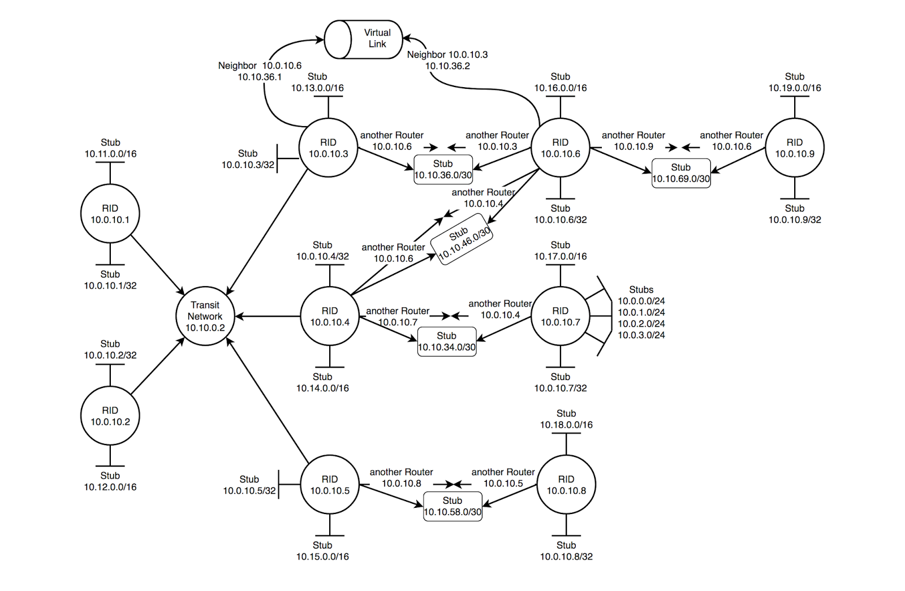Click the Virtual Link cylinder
364,39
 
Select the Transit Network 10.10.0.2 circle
205,316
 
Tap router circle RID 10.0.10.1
110,214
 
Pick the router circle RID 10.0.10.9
794,148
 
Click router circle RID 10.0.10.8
566,485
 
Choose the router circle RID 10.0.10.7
560,316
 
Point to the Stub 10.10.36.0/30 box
443,170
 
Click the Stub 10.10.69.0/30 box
681,173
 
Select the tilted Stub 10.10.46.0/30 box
462,239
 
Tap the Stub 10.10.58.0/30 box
453,506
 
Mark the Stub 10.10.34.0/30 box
446,342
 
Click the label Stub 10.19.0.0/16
794,83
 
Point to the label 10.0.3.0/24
641,335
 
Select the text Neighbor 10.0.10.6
260,66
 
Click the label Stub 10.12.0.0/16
110,481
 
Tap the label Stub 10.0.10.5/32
249,485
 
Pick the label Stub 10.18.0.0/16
566,419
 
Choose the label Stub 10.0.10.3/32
248,159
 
